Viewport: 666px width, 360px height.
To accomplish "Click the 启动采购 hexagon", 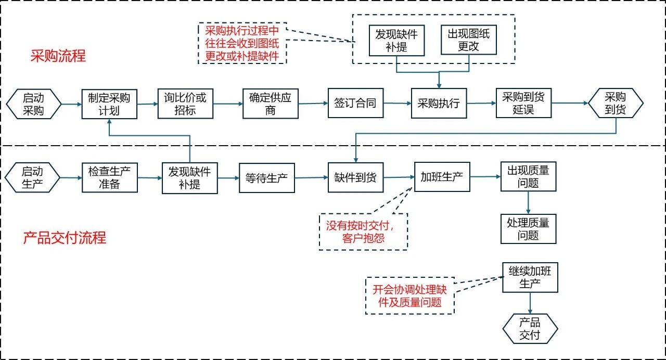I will pos(33,103).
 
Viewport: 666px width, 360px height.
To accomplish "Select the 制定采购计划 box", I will pos(109,104).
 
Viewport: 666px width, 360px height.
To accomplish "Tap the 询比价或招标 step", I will pos(185,104).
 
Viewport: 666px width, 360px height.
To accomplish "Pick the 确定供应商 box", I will pos(270,104).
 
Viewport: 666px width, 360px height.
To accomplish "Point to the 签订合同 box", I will pos(355,103).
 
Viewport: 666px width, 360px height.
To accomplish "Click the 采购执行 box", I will pos(439,103).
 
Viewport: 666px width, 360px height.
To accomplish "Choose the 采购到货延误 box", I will pos(523,103).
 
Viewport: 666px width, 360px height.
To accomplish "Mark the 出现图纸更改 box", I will pos(468,40).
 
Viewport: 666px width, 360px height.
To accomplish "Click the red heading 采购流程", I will pos(58,56).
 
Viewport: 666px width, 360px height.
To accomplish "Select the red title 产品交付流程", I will pos(65,238).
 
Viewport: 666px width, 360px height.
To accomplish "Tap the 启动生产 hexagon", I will pos(32,177).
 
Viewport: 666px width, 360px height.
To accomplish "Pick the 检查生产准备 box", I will pos(109,177).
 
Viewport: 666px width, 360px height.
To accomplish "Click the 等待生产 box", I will pos(266,178).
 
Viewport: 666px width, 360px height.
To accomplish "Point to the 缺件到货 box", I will pos(355,177).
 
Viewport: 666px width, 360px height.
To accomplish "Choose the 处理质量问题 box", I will pos(528,229).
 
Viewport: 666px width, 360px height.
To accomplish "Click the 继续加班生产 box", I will pos(530,277).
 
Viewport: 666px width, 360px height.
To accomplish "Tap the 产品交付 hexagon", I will pos(530,329).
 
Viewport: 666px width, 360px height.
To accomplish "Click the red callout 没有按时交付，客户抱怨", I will pos(363,232).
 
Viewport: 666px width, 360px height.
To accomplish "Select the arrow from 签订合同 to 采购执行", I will pos(397,103).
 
